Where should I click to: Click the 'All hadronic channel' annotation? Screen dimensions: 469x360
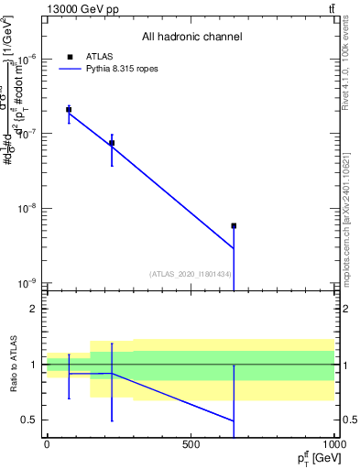pos(191,38)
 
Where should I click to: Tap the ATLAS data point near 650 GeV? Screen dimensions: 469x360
pos(234,225)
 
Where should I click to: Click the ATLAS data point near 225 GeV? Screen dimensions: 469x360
pos(112,143)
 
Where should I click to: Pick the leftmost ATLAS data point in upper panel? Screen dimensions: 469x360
pos(69,110)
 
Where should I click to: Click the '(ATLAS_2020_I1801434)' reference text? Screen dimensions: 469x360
pos(191,274)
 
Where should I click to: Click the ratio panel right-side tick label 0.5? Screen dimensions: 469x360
pos(347,420)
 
